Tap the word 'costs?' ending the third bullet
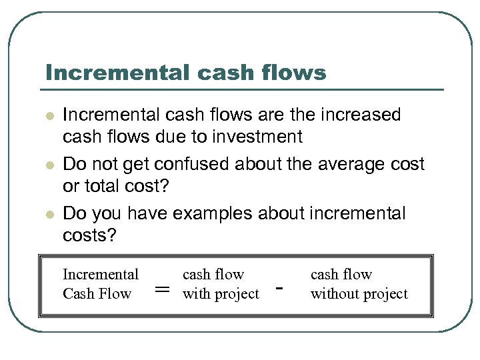point(89,235)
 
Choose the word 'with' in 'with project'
point(196,294)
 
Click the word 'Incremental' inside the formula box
point(101,275)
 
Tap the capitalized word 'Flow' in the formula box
point(115,294)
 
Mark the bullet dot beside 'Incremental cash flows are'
point(48,116)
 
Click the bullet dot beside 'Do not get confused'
point(48,165)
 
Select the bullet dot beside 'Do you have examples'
point(48,214)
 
